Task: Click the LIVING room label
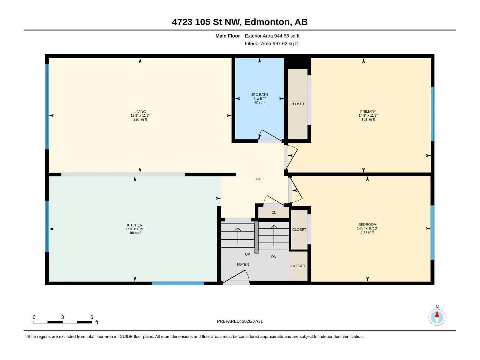click(140, 112)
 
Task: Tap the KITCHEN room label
click(135, 225)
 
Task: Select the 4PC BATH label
click(259, 94)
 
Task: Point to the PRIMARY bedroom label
click(368, 112)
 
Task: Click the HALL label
click(260, 179)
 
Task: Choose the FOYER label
click(243, 265)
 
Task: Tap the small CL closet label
click(274, 212)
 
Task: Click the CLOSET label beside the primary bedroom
click(297, 104)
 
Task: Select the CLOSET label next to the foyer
click(298, 266)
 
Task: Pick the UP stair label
click(247, 254)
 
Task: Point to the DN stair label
click(274, 257)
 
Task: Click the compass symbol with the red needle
click(437, 317)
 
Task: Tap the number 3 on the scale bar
click(62, 317)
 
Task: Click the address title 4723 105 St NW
click(206, 22)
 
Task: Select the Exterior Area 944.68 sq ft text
click(272, 36)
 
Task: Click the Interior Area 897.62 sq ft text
click(271, 43)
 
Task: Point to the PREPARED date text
click(240, 321)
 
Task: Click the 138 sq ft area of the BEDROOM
click(367, 232)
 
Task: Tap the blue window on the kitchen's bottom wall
click(178, 283)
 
